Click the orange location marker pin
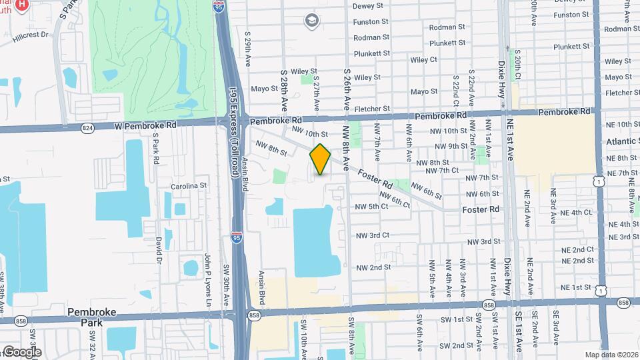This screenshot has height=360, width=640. tap(320, 159)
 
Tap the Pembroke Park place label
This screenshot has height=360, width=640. tap(92, 317)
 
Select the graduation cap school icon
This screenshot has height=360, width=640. tap(311, 20)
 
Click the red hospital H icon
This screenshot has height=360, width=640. tap(22, 5)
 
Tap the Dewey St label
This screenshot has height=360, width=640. tap(369, 5)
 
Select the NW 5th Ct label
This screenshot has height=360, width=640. tap(372, 207)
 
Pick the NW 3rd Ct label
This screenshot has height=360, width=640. tap(372, 235)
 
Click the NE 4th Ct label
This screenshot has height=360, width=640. tap(577, 212)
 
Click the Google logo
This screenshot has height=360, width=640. tap(22, 352)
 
